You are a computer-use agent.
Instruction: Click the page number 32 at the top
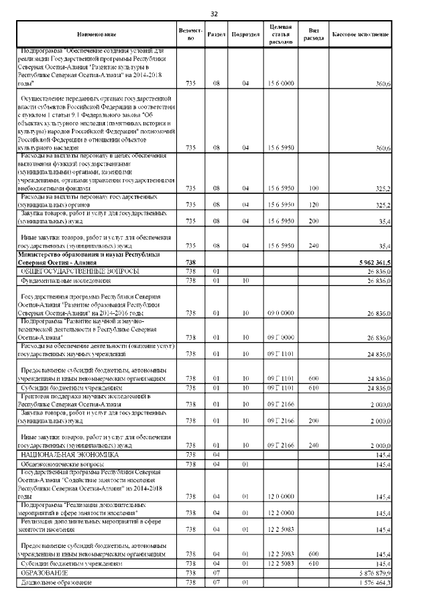pyautogui.click(x=214, y=14)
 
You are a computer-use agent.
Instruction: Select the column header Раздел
pyautogui.click(x=217, y=34)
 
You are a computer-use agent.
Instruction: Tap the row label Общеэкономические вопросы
pyautogui.click(x=59, y=463)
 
